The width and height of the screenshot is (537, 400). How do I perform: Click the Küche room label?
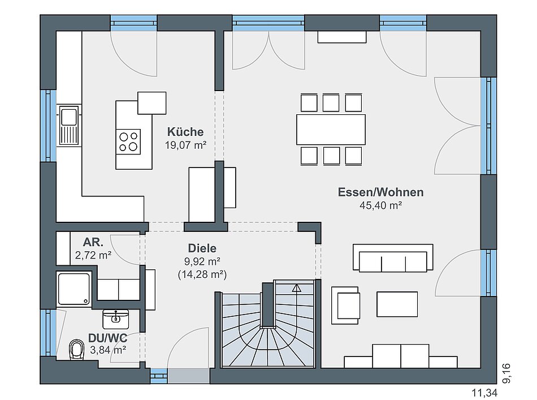tap(185, 132)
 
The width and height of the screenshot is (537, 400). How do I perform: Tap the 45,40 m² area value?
tap(380, 205)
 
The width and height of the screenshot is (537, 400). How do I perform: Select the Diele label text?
tap(202, 248)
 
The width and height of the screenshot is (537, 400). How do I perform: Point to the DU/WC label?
tap(107, 338)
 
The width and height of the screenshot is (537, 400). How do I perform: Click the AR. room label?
tap(93, 242)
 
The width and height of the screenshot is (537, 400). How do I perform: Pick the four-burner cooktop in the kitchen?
tap(128, 142)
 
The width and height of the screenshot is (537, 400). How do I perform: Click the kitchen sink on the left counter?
tap(69, 125)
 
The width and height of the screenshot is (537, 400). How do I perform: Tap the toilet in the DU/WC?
tap(76, 350)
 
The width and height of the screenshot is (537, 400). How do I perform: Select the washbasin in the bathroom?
tap(116, 319)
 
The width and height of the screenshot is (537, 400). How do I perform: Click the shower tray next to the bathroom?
tap(74, 289)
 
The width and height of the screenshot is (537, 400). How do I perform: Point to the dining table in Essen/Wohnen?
tap(331, 130)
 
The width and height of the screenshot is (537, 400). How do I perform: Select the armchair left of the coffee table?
tap(345, 306)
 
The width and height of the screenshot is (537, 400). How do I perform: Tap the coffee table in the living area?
tap(397, 304)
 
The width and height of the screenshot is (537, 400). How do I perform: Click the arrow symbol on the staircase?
tap(296, 288)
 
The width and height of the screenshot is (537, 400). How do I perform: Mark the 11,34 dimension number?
tap(484, 393)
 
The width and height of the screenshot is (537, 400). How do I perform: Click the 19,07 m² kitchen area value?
tap(185, 145)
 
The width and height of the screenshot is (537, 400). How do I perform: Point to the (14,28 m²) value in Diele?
tap(202, 274)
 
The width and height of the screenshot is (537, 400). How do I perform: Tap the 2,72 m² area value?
tap(93, 255)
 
